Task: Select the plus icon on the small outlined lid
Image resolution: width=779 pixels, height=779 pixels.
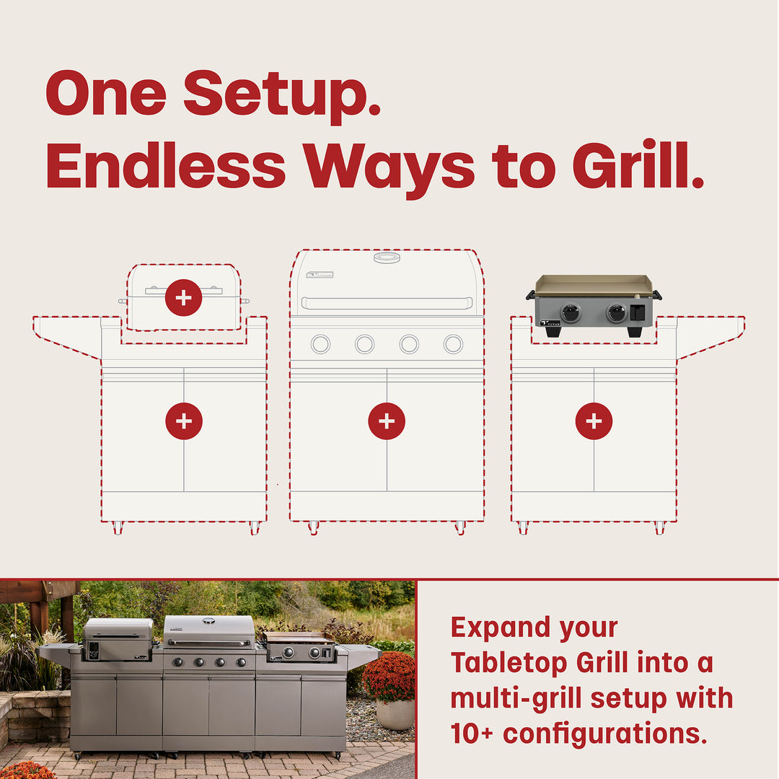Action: [183, 297]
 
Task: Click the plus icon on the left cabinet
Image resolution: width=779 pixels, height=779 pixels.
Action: [183, 421]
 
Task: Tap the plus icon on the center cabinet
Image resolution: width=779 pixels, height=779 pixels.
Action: [387, 421]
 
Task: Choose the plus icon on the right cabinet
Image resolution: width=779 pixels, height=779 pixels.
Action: [594, 421]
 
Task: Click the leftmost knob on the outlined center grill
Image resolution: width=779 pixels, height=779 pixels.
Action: [320, 344]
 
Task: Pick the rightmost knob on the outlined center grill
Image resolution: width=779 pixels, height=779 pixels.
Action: [453, 344]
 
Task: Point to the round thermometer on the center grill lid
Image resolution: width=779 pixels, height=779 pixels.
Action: [387, 258]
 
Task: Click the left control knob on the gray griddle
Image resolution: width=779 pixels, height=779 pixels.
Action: [571, 313]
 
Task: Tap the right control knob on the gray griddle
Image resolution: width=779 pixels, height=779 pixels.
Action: [617, 313]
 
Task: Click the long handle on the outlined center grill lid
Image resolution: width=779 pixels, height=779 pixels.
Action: [387, 303]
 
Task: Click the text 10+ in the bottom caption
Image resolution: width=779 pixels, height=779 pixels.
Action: [473, 733]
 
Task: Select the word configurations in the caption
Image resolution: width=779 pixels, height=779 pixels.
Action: [604, 733]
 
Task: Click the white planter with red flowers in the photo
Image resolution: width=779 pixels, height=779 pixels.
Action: [393, 710]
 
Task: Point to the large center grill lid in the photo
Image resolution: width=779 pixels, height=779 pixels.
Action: [209, 630]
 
